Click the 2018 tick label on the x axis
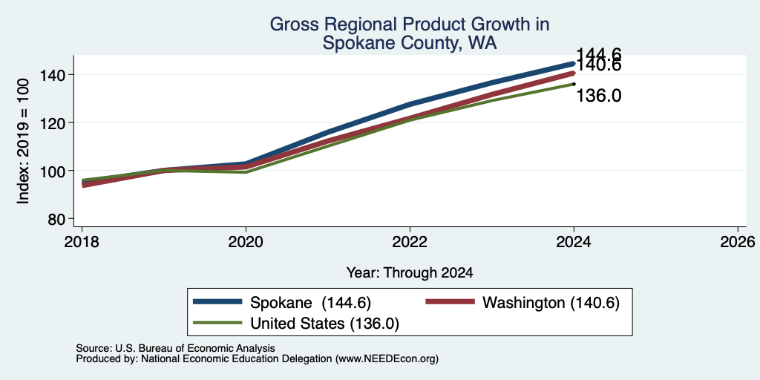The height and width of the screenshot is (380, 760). click(x=82, y=241)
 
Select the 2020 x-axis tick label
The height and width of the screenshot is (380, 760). click(x=246, y=241)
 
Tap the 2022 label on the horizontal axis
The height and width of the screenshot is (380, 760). click(x=410, y=241)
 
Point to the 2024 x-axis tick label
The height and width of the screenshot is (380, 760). click(x=574, y=241)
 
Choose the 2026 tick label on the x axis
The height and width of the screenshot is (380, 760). click(x=738, y=241)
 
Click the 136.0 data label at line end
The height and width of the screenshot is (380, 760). click(x=599, y=96)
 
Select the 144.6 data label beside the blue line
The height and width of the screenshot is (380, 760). click(x=599, y=55)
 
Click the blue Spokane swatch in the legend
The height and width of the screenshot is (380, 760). click(x=217, y=302)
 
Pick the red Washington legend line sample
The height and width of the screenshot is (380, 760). click(x=450, y=302)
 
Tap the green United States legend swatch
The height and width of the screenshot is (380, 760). click(x=217, y=323)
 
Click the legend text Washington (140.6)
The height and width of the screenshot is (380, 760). click(x=551, y=303)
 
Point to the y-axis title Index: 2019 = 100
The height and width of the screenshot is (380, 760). click(x=23, y=141)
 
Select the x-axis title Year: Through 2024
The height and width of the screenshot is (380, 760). click(x=410, y=273)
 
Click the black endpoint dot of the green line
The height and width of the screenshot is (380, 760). click(x=574, y=84)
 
